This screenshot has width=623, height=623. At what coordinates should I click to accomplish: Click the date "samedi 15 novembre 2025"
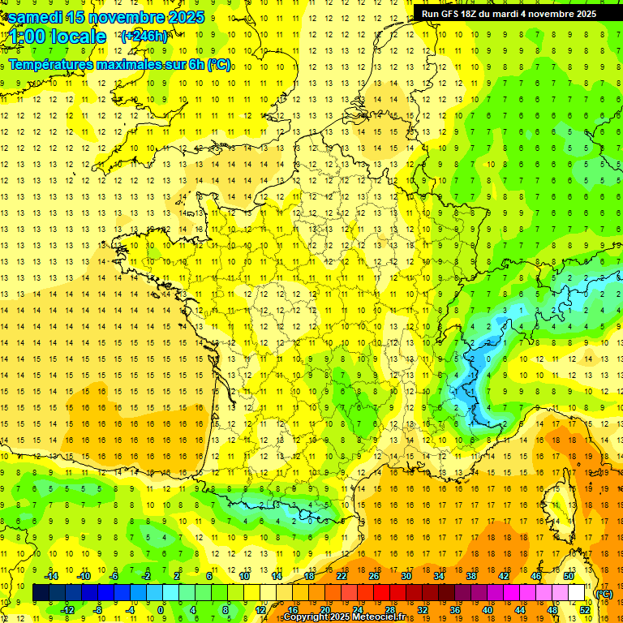pyautogui.click(x=106, y=17)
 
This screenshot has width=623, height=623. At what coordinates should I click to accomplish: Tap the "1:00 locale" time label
pyautogui.click(x=56, y=37)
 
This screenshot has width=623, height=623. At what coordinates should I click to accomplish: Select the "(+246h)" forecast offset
pyautogui.click(x=144, y=36)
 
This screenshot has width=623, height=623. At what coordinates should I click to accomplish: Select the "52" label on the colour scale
pyautogui.click(x=585, y=610)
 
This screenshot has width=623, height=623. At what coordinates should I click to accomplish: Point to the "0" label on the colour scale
pyautogui.click(x=161, y=610)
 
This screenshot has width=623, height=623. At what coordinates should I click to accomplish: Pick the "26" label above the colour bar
pyautogui.click(x=374, y=576)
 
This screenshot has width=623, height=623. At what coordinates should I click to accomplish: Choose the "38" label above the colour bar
pyautogui.click(x=470, y=576)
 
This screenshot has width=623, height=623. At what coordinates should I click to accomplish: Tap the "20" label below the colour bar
pyautogui.click(x=325, y=610)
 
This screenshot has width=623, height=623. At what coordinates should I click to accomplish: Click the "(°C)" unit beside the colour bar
pyautogui.click(x=604, y=594)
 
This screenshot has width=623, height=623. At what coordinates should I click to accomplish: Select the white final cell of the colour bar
pyautogui.click(x=577, y=593)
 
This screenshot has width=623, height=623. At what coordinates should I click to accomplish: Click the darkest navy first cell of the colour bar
pyautogui.click(x=41, y=593)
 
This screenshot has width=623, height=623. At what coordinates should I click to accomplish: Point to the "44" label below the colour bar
pyautogui.click(x=520, y=610)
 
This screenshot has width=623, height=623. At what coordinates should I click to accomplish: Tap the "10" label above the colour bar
pyautogui.click(x=244, y=576)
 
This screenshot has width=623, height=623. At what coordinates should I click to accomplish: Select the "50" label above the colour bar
pyautogui.click(x=568, y=576)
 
